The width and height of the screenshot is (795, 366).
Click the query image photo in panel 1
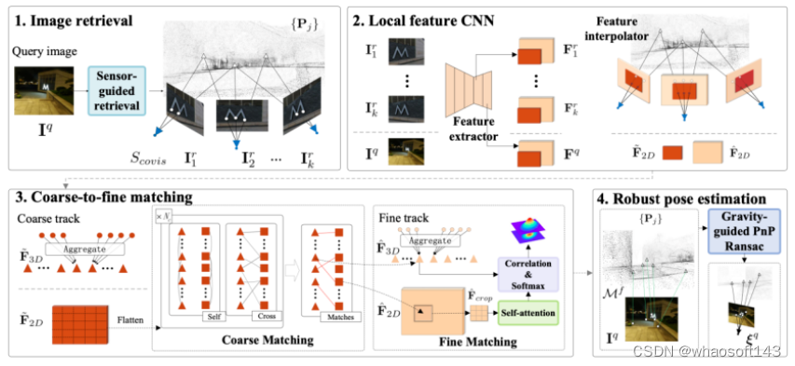tap(37, 93)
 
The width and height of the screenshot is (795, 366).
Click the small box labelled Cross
tap(265, 317)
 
